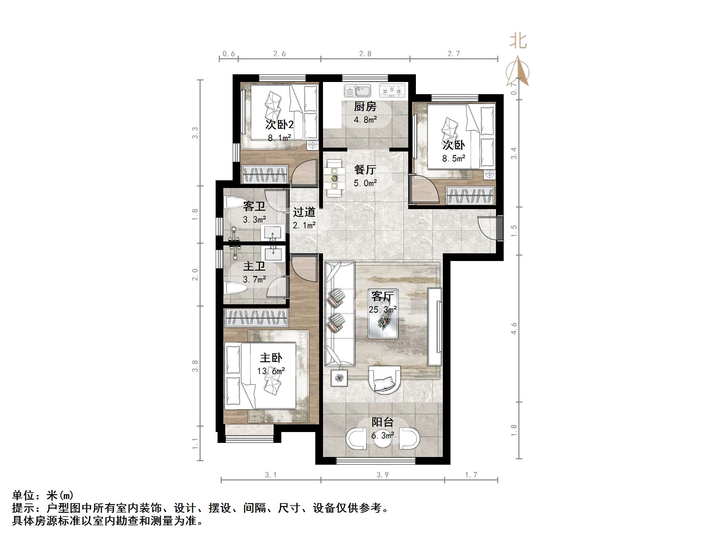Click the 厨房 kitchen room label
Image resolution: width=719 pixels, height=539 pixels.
[x=365, y=107]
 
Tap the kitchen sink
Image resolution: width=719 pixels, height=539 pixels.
[x=358, y=91]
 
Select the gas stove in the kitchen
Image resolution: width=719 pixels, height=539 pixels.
[x=392, y=90]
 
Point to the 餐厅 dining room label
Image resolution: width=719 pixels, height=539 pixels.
[x=365, y=170]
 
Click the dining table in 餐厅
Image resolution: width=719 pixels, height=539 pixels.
[x=334, y=178]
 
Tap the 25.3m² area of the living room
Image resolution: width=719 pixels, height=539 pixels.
[x=383, y=310]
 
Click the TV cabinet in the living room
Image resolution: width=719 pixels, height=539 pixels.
[x=434, y=327]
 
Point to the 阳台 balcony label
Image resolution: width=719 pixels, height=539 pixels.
[x=383, y=422]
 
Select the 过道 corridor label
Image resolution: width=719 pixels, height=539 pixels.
[x=304, y=212]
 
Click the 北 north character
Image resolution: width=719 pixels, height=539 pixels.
[x=518, y=41]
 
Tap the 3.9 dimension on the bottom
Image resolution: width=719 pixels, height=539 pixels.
[x=383, y=475]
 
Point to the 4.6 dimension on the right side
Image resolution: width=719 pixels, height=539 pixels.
[x=514, y=328]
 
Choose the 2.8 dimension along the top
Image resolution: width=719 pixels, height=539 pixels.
[x=365, y=53]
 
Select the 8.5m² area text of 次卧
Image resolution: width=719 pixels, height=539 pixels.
[x=453, y=159]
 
